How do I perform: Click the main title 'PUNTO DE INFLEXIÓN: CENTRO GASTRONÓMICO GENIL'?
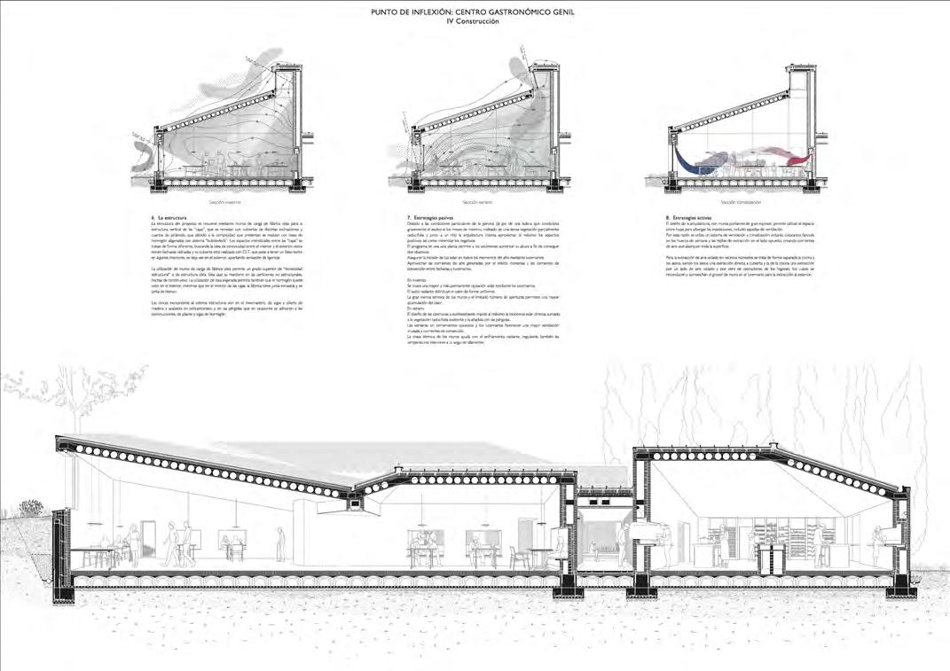click(x=474, y=12)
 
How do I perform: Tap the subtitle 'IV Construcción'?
click(x=474, y=22)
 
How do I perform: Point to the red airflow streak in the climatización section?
click(x=794, y=156)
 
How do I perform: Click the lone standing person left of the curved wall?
click(x=265, y=542)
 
